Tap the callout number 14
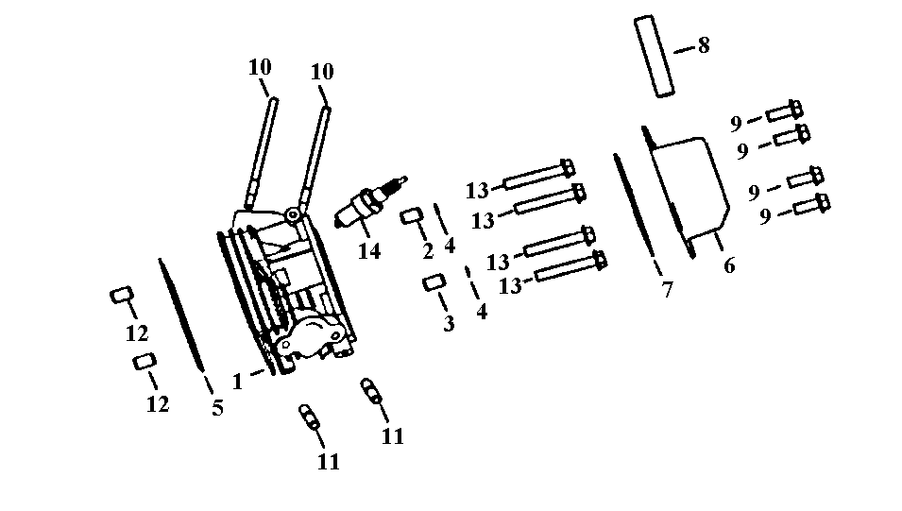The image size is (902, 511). pyautogui.click(x=368, y=252)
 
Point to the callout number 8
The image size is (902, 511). pyautogui.click(x=703, y=45)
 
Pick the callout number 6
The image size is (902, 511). pyautogui.click(x=728, y=265)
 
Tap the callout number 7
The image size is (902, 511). pyautogui.click(x=667, y=290)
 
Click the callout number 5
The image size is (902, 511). pyautogui.click(x=217, y=408)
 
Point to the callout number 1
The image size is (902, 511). pyautogui.click(x=238, y=382)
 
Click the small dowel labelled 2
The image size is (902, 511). pyautogui.click(x=413, y=217)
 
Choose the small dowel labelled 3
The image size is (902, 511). pyautogui.click(x=434, y=282)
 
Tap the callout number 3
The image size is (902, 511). pyautogui.click(x=449, y=323)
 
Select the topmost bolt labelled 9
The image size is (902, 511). pyautogui.click(x=784, y=111)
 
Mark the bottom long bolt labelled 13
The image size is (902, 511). pyautogui.click(x=570, y=267)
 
